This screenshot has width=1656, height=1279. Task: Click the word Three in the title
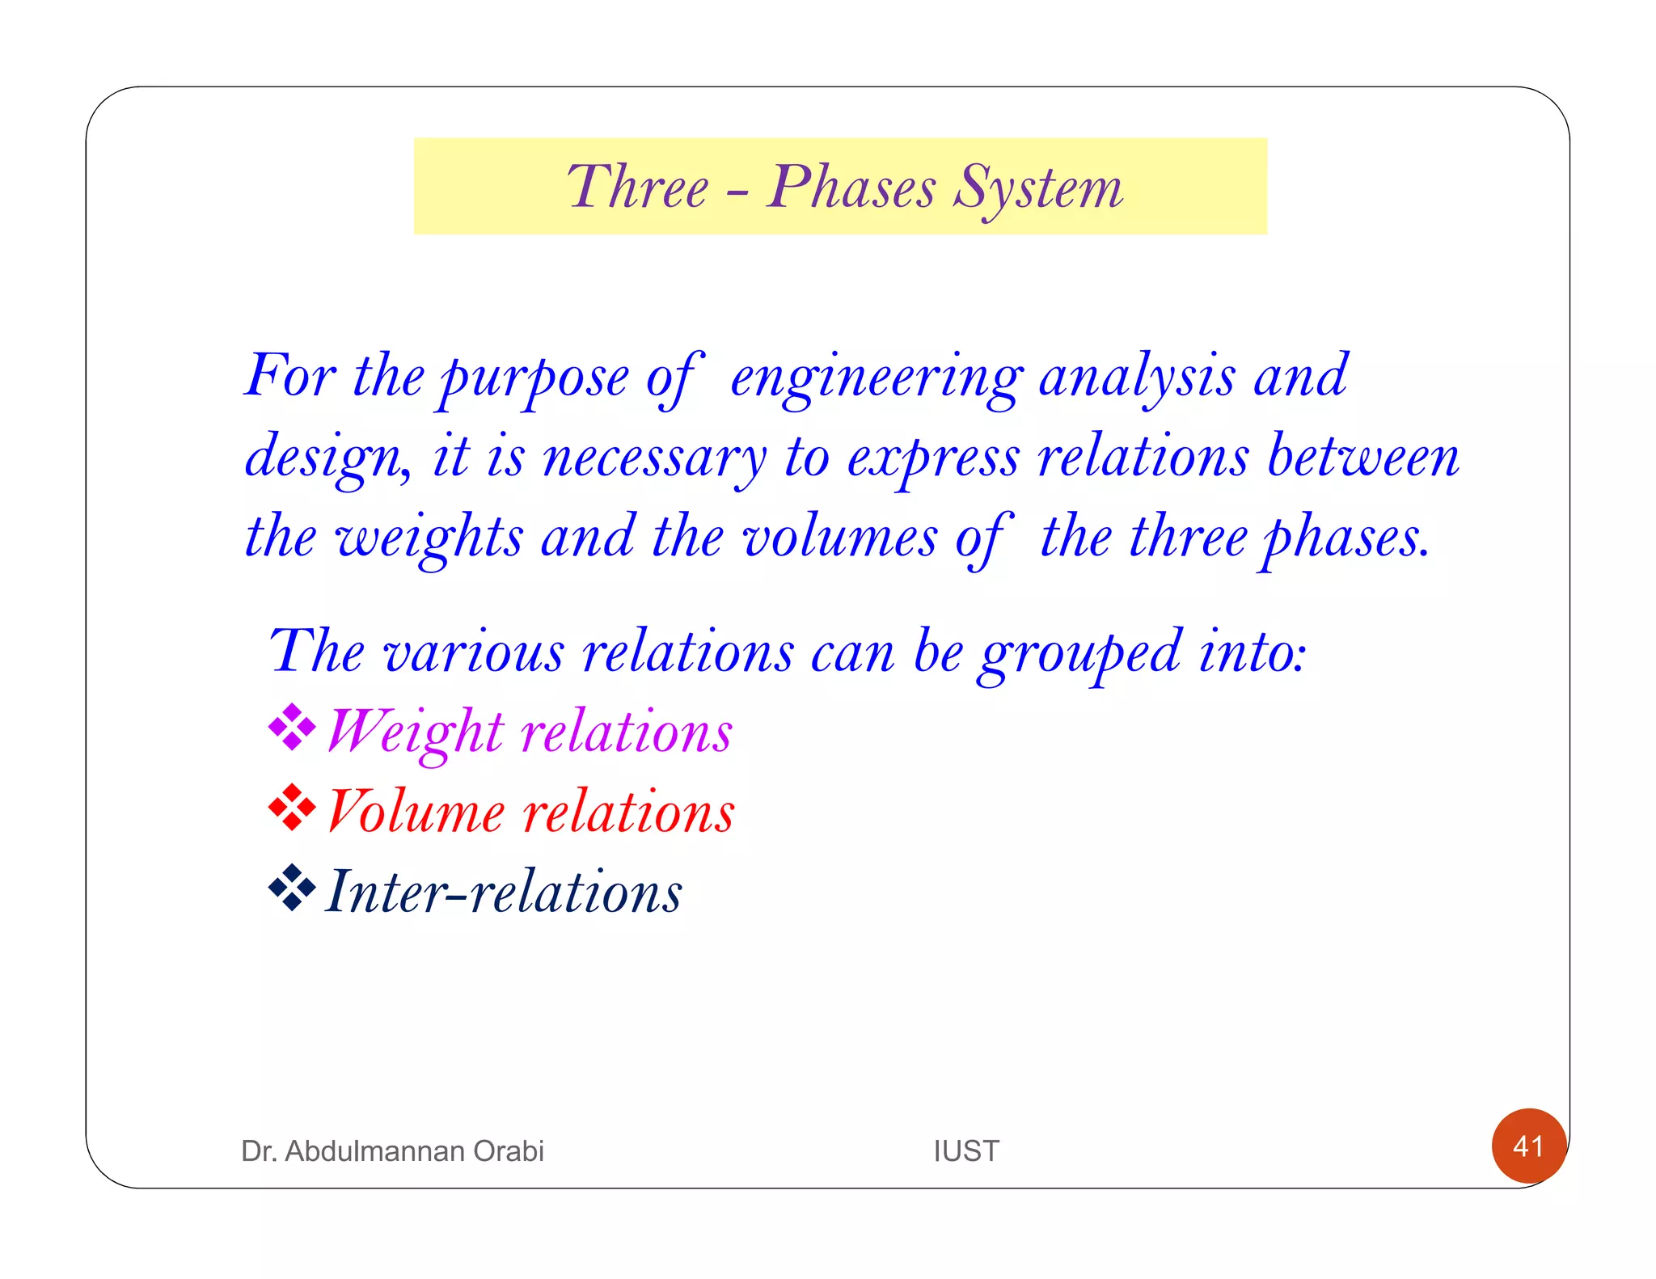(x=637, y=188)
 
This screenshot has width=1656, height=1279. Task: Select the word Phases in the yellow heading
(x=851, y=188)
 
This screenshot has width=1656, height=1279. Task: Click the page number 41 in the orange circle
(x=1528, y=1146)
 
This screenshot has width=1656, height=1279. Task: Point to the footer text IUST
(x=966, y=1150)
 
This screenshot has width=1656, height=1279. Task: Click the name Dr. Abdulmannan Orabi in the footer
(x=392, y=1150)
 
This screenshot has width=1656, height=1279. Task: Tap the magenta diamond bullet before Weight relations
(x=291, y=728)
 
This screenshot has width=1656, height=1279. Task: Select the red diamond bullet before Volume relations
(x=291, y=808)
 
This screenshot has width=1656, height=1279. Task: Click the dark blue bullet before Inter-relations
(x=291, y=888)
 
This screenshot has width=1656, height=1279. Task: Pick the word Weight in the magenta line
(x=416, y=732)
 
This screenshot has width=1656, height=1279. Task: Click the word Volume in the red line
(x=416, y=812)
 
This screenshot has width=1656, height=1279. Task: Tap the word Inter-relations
(x=503, y=893)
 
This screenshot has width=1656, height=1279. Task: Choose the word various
(x=473, y=652)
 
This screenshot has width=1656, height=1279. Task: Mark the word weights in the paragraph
(x=429, y=538)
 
